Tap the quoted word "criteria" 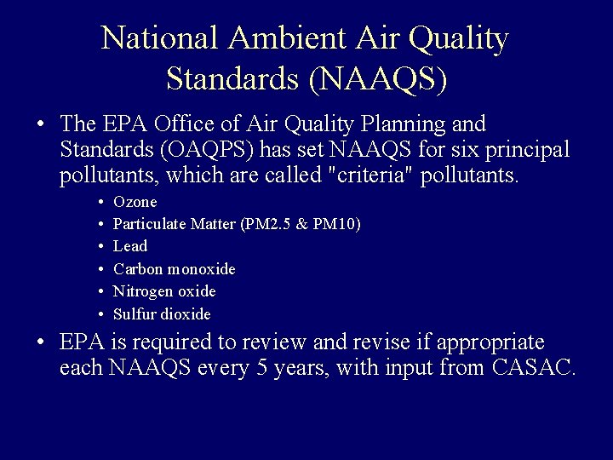(x=367, y=177)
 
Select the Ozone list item (x=135, y=203)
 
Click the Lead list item (x=129, y=247)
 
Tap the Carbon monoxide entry (x=174, y=269)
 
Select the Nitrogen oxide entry (x=164, y=291)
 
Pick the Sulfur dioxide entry (x=161, y=313)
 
